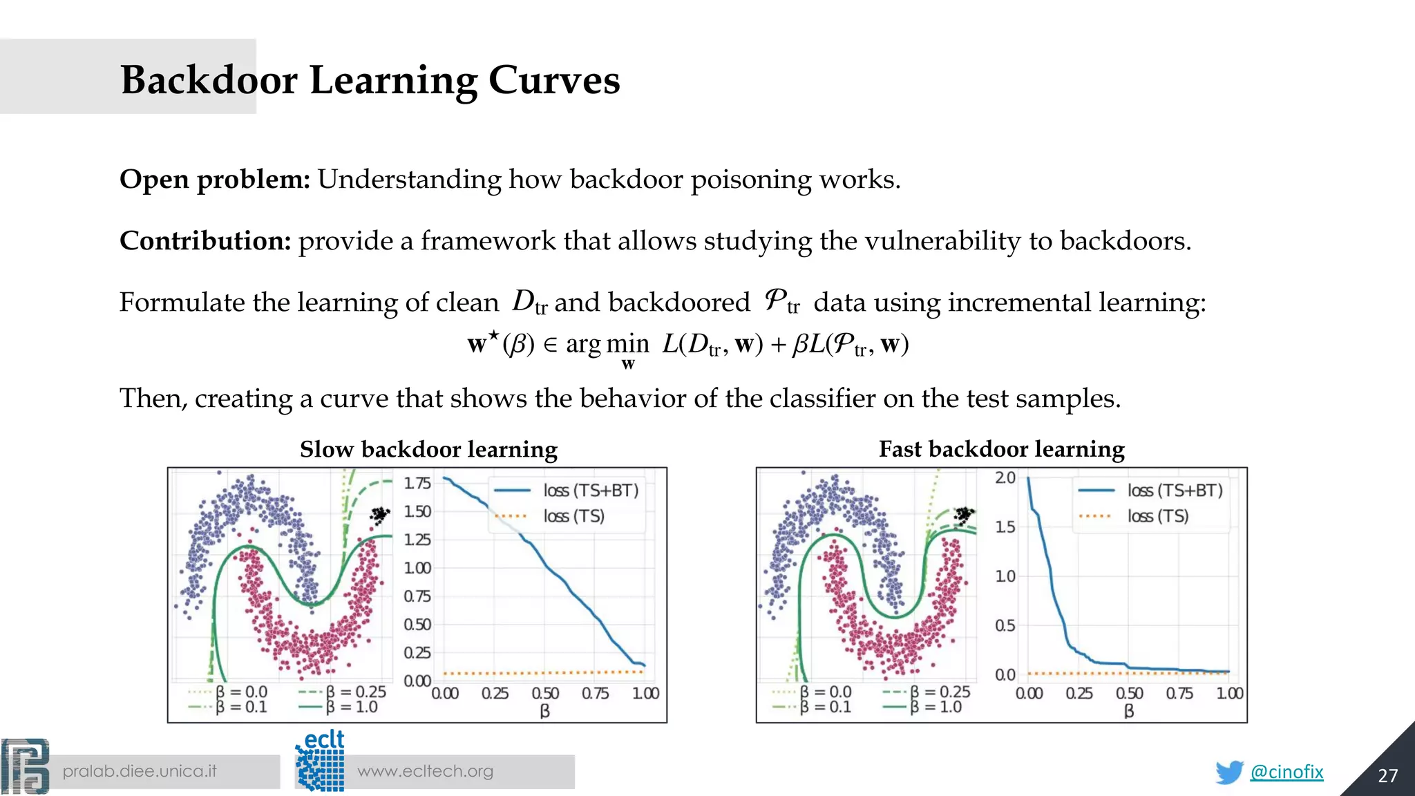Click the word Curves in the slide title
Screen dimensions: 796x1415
click(x=554, y=80)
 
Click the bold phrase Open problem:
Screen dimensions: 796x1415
click(x=215, y=180)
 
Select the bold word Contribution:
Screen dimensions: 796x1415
click(x=205, y=241)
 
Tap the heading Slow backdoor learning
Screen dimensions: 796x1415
click(x=428, y=450)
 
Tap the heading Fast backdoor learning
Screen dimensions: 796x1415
click(x=1001, y=450)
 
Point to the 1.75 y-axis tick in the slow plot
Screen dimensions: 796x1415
click(x=417, y=483)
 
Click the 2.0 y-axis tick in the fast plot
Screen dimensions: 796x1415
click(x=1005, y=477)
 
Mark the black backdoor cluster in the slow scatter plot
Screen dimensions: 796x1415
click(x=379, y=515)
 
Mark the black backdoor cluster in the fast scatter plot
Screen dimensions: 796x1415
click(x=964, y=515)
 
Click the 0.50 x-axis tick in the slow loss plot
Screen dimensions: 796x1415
click(x=545, y=693)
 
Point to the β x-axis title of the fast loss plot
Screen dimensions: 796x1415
click(x=1129, y=711)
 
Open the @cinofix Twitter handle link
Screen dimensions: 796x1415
click(x=1286, y=772)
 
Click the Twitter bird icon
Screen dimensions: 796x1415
click(x=1229, y=772)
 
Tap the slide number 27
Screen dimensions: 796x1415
click(x=1387, y=776)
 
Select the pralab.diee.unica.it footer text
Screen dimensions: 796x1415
click(x=140, y=771)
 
